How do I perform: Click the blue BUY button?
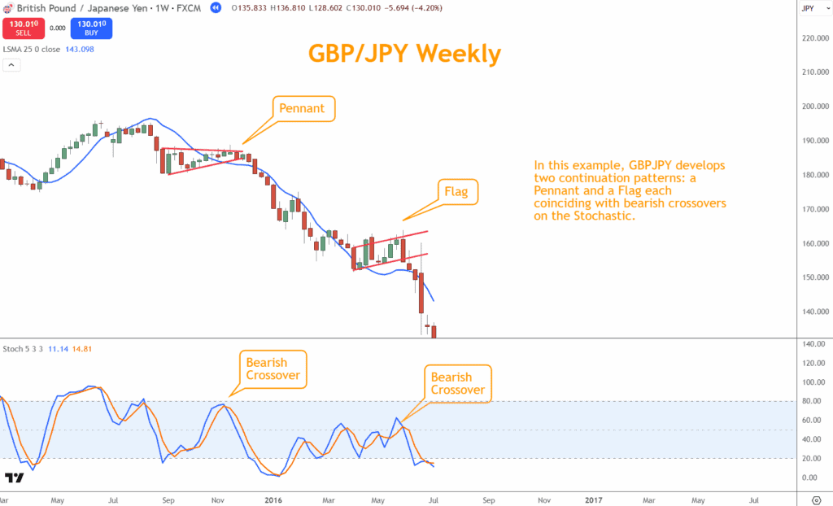91,28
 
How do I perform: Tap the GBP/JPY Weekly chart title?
404,53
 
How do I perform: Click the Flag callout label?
456,192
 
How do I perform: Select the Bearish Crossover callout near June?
458,383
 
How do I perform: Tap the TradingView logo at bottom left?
14,477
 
